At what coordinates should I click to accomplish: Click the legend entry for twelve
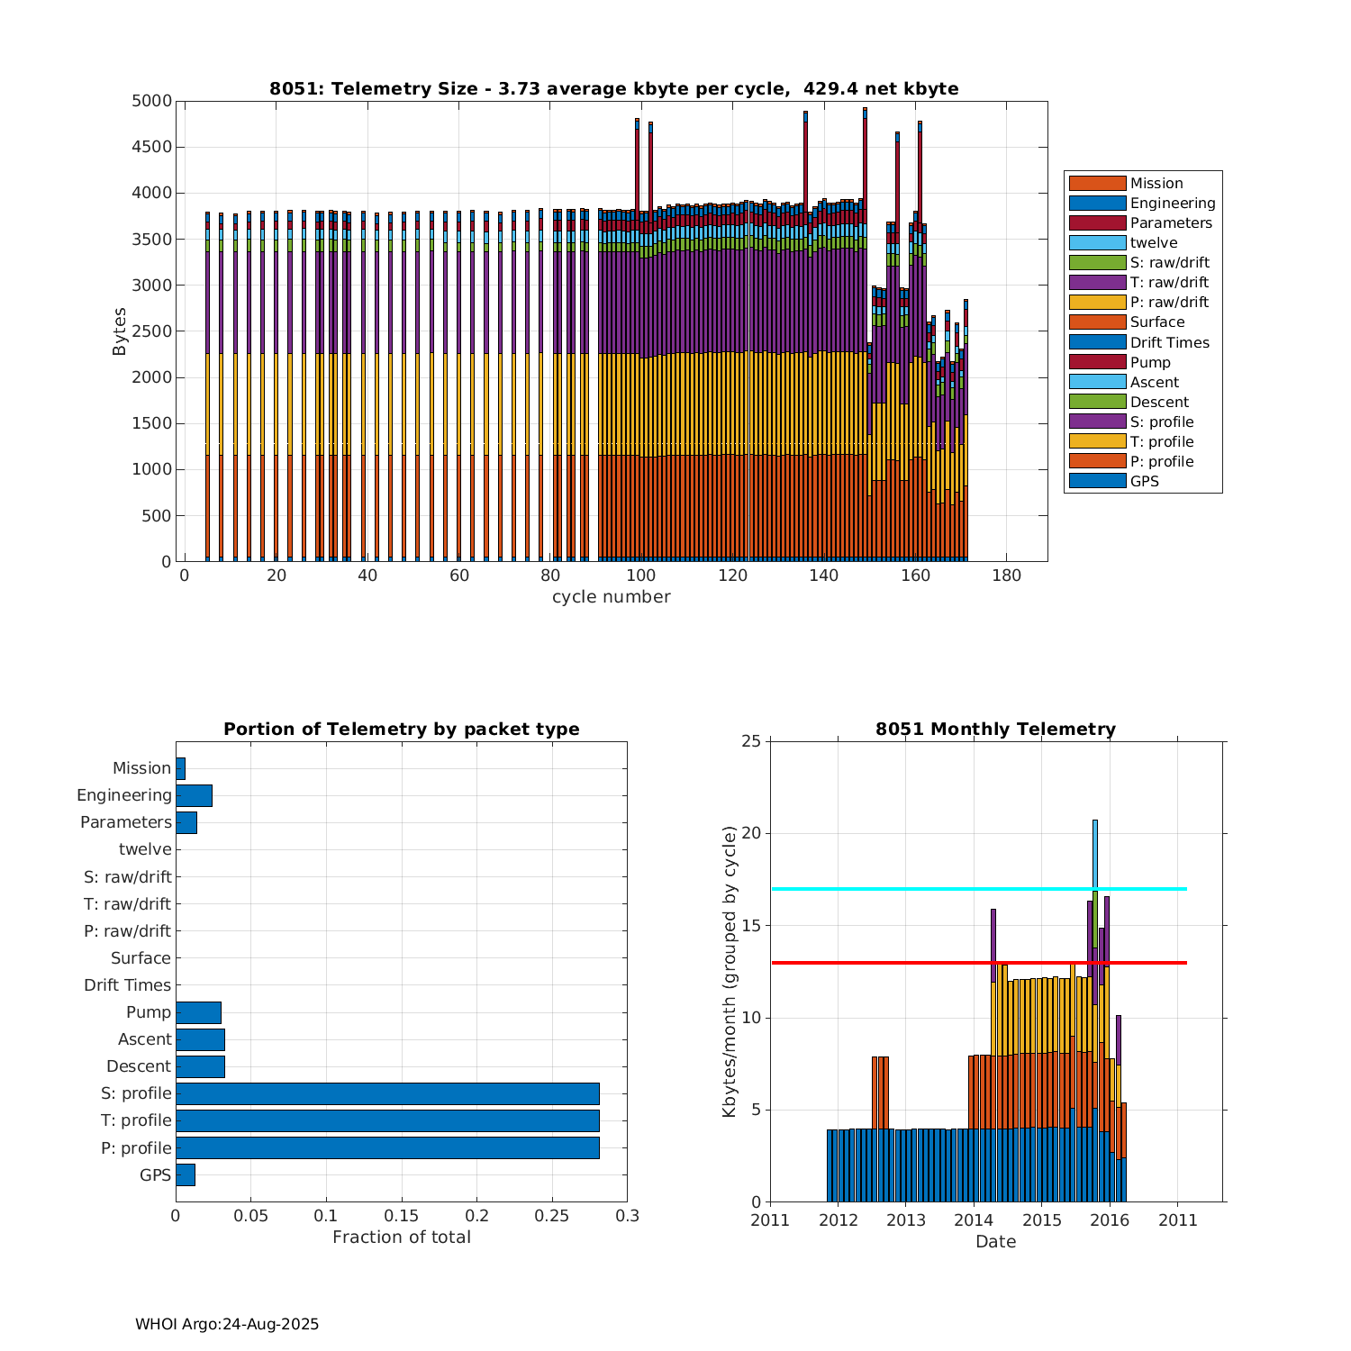[x=1153, y=243]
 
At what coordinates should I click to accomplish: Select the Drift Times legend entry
[x=1169, y=342]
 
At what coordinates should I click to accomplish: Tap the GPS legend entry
[x=1144, y=481]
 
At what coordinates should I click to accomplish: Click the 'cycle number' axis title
[x=611, y=597]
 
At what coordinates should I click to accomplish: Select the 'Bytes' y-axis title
[x=120, y=331]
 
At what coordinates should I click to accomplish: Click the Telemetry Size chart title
[x=613, y=88]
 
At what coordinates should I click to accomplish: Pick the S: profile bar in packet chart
[x=387, y=1093]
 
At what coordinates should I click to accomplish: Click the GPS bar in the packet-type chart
[x=186, y=1174]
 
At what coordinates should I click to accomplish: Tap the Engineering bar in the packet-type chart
[x=194, y=795]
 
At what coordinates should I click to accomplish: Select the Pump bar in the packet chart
[x=198, y=1012]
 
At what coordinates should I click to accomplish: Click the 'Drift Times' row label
[x=127, y=985]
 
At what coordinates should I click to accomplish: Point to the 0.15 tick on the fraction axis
[x=402, y=1216]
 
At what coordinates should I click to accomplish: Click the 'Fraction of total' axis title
[x=402, y=1238]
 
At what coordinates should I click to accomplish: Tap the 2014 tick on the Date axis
[x=974, y=1220]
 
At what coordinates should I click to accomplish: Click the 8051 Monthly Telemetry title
[x=995, y=730]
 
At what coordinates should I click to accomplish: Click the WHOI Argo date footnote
[x=227, y=1324]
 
